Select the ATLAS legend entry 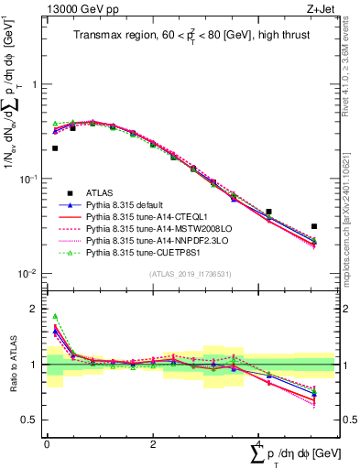100,192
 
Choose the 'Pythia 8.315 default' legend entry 125,206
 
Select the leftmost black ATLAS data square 55,148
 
